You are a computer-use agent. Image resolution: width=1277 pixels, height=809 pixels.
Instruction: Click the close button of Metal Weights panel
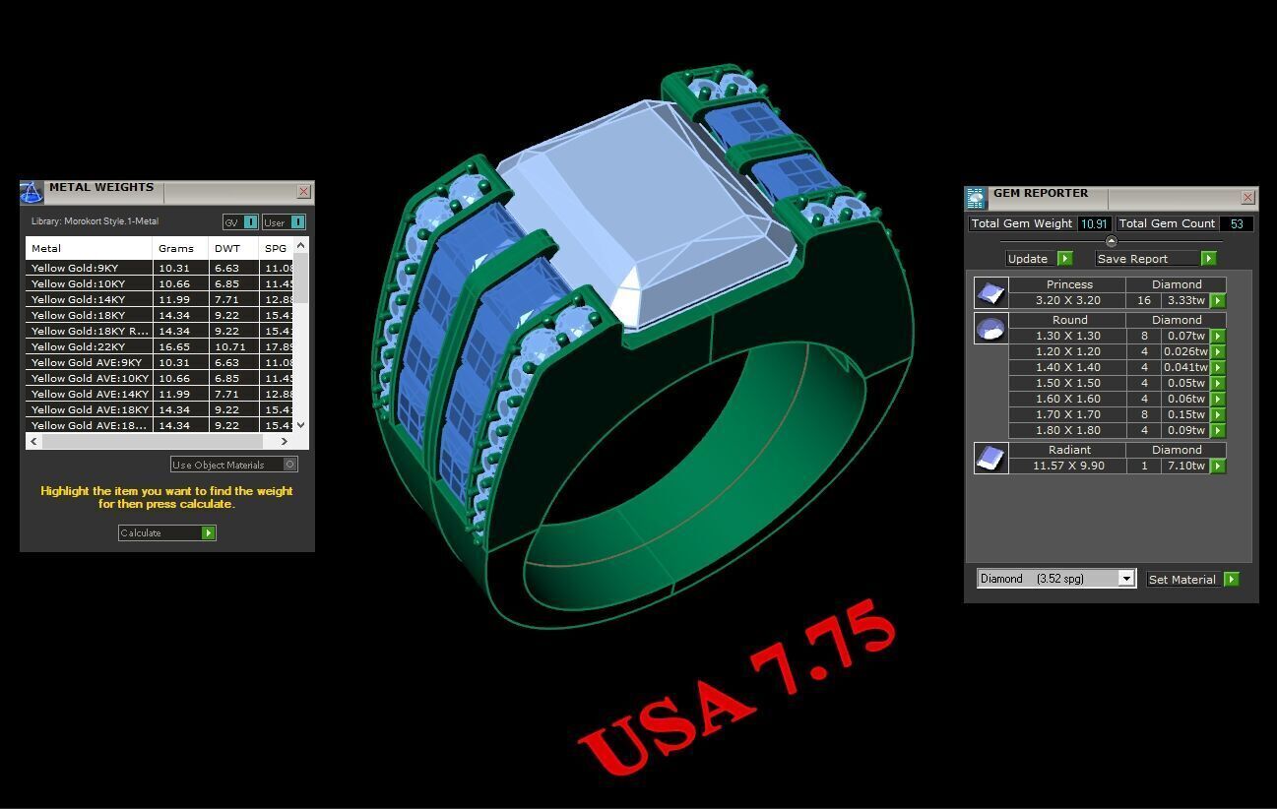tap(303, 192)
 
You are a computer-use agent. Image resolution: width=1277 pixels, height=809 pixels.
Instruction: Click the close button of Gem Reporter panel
tap(1247, 197)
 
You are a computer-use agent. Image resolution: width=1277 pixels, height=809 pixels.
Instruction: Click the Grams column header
tap(177, 248)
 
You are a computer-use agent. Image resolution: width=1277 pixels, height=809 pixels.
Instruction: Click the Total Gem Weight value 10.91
tap(1094, 223)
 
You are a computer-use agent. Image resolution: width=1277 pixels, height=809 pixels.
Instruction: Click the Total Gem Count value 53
tap(1236, 223)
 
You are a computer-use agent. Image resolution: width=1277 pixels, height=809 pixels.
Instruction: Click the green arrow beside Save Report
tap(1208, 259)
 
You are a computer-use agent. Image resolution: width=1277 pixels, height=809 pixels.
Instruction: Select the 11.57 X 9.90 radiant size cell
tap(1068, 466)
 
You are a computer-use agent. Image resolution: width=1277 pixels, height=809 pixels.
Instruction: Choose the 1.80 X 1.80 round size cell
tap(1068, 430)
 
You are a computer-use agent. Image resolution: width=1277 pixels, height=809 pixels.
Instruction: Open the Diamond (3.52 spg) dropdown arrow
tap(1126, 579)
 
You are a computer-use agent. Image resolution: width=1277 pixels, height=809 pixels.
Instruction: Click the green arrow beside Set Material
tap(1231, 580)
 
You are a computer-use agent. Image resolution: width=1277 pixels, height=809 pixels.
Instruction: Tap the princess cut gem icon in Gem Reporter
tap(990, 292)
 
